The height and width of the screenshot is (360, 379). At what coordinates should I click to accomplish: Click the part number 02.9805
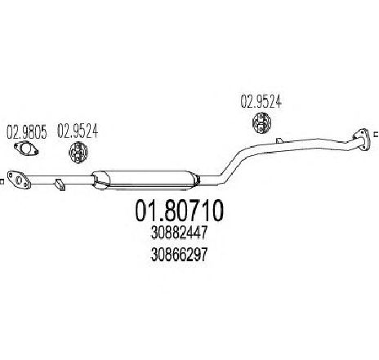(x=27, y=132)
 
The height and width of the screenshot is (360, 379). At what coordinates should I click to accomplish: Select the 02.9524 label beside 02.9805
(x=78, y=131)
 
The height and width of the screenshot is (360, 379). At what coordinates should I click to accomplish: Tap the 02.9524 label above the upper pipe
(x=261, y=101)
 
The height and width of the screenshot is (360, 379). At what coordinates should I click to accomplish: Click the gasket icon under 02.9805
(x=26, y=149)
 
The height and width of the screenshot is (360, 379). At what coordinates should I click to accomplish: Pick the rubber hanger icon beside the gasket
(x=78, y=153)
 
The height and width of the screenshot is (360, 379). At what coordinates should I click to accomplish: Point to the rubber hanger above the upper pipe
(x=261, y=123)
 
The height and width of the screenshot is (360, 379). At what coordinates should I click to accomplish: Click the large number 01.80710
(x=179, y=211)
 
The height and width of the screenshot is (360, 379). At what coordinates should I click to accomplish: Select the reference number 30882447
(x=179, y=233)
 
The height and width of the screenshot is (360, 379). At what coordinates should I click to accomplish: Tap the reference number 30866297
(x=179, y=255)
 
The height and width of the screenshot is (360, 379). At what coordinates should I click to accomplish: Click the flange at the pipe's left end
(x=19, y=180)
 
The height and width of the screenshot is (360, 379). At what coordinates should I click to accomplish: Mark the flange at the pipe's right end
(x=361, y=140)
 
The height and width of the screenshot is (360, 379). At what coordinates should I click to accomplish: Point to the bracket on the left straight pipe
(x=60, y=184)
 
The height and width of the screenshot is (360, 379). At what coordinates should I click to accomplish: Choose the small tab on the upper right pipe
(x=279, y=140)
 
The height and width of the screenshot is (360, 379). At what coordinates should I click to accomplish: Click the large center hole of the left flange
(x=20, y=180)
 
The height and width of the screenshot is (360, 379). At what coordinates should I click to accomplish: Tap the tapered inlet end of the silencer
(x=100, y=180)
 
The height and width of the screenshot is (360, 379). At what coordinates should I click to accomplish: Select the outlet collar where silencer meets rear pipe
(x=198, y=180)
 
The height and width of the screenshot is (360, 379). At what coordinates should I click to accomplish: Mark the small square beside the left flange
(x=1, y=181)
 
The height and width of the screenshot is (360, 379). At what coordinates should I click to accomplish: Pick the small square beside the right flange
(x=377, y=134)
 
